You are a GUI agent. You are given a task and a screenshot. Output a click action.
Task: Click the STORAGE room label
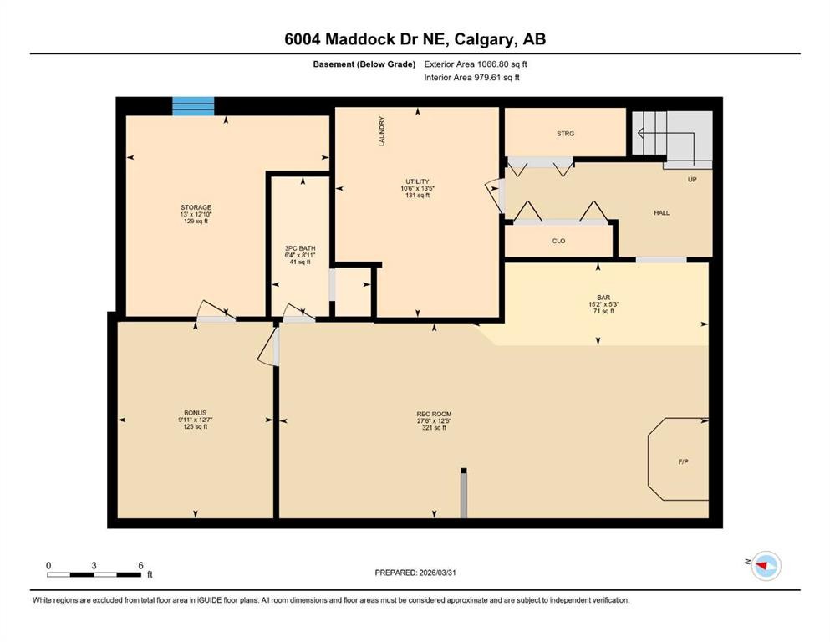(x=196, y=207)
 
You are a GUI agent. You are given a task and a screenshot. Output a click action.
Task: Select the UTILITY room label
(x=417, y=181)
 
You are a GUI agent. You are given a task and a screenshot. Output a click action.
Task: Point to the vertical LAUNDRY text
(x=382, y=132)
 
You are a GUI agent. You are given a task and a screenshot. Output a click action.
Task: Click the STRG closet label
(x=565, y=133)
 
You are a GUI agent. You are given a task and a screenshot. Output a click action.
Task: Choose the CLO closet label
(x=558, y=241)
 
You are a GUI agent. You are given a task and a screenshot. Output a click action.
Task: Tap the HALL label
(x=661, y=212)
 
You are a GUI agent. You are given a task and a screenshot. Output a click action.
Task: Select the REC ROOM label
(x=434, y=414)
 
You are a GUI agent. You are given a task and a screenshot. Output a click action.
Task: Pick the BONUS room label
(x=195, y=413)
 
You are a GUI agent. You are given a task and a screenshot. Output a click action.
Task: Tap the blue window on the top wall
(x=193, y=105)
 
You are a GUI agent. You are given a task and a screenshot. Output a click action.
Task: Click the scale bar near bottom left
(x=94, y=574)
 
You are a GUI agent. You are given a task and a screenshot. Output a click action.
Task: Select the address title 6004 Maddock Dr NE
(x=415, y=38)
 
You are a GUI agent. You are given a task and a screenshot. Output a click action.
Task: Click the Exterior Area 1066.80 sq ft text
(x=476, y=64)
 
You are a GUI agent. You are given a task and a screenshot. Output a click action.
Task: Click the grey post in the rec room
(x=462, y=493)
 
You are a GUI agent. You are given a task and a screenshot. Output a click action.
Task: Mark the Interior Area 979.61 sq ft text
(x=472, y=78)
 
